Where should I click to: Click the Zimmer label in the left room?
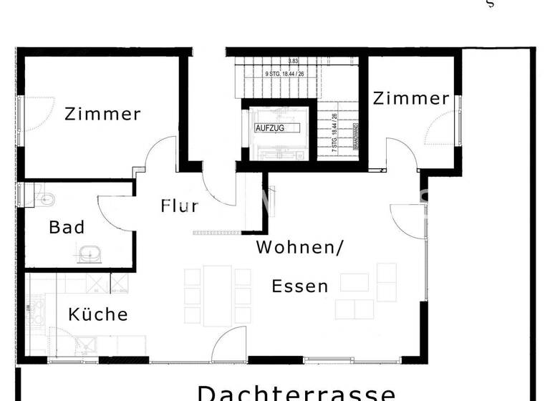[x=102, y=114]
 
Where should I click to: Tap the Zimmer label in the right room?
[x=411, y=99]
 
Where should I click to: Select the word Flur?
[x=179, y=207]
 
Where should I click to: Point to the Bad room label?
[x=67, y=228]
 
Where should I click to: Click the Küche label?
[x=98, y=314]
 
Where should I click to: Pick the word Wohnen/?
[x=300, y=248]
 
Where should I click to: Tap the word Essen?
[x=300, y=287]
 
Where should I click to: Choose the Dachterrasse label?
[x=296, y=392]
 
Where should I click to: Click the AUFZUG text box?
[x=270, y=128]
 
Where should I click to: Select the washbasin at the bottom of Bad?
[x=90, y=253]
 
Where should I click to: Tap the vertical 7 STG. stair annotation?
[x=334, y=129]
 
